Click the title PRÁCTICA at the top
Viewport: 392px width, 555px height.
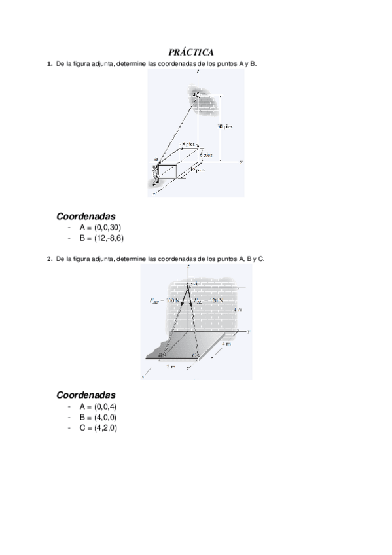tap(196, 52)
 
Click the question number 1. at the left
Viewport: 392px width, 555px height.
tap(49, 63)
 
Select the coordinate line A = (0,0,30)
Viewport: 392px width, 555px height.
tap(100, 227)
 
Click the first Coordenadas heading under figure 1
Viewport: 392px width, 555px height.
tap(86, 215)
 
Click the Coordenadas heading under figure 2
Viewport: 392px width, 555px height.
tap(86, 395)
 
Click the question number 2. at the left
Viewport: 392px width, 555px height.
tap(49, 259)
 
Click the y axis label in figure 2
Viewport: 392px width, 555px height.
tap(250, 332)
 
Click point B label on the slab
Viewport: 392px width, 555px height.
tap(160, 355)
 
